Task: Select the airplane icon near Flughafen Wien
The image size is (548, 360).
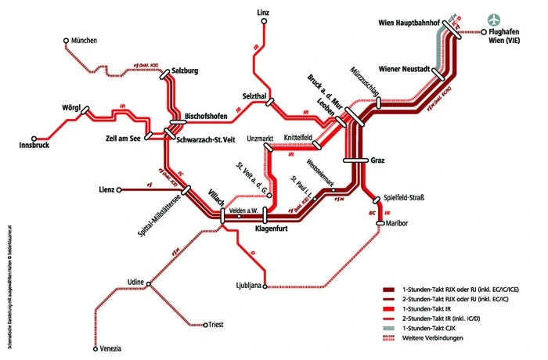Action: tap(492, 19)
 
